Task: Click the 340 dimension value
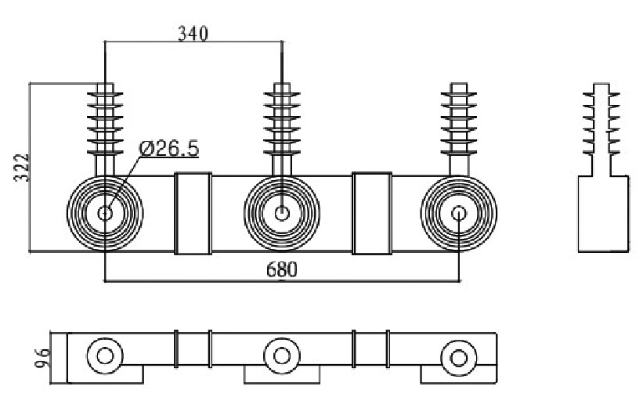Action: click(193, 34)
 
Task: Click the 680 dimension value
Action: click(282, 270)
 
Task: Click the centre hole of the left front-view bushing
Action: click(105, 213)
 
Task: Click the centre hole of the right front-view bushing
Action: click(459, 213)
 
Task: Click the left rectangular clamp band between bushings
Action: click(193, 213)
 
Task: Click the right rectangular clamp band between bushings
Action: click(371, 213)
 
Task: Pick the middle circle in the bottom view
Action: click(280, 357)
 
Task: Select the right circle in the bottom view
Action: click(457, 357)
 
